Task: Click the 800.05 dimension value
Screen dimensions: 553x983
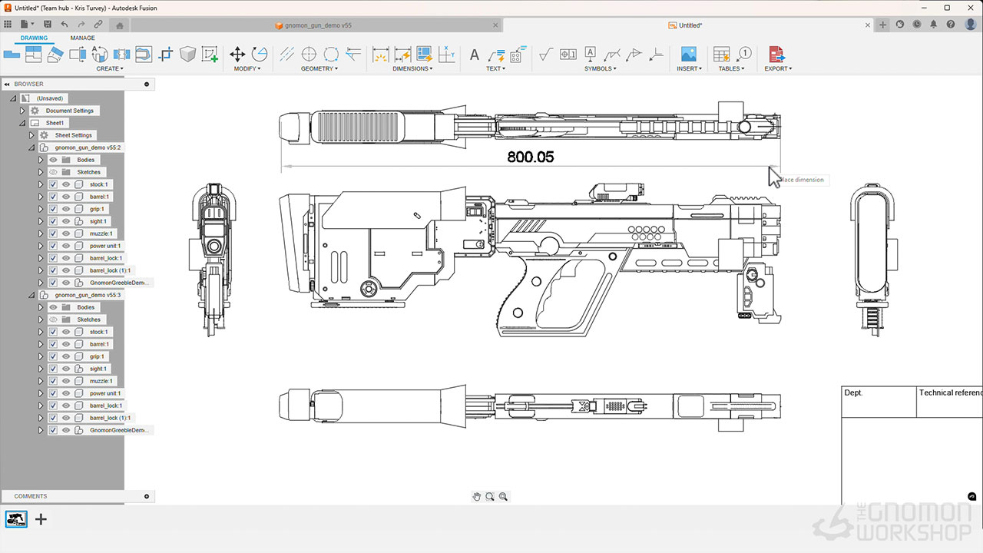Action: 530,157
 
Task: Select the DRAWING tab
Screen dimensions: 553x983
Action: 34,38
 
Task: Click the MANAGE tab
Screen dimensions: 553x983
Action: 83,38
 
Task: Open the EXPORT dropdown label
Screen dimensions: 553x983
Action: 778,68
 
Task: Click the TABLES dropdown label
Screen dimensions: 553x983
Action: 731,68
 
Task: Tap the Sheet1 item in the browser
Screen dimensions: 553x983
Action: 55,123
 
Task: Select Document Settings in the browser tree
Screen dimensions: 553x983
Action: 69,111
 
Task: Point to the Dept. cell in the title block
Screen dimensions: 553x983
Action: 853,392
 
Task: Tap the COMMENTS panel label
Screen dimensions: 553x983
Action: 31,496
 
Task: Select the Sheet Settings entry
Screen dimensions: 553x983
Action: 73,135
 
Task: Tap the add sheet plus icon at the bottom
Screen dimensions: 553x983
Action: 41,519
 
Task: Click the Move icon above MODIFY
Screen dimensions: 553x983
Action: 237,54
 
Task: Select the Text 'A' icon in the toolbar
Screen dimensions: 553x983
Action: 474,55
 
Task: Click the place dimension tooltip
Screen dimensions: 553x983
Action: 803,180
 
